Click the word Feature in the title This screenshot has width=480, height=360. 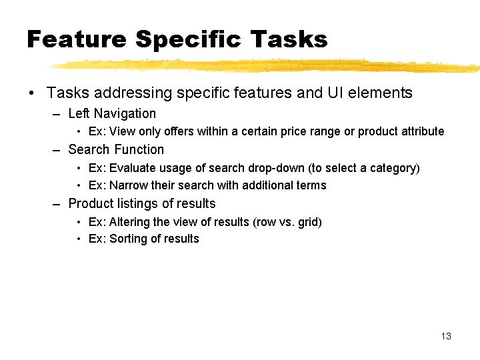tap(76, 39)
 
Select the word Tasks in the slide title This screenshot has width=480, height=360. tap(289, 39)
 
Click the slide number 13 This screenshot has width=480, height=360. tap(446, 336)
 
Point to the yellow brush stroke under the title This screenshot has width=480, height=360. tap(267, 65)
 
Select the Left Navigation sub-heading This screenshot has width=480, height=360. tap(112, 114)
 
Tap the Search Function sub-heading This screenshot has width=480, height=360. tap(116, 150)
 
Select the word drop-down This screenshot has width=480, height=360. tap(277, 168)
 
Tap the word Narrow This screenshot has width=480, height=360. tap(127, 185)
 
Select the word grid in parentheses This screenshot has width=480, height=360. tap(309, 221)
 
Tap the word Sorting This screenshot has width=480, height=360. tap(127, 239)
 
